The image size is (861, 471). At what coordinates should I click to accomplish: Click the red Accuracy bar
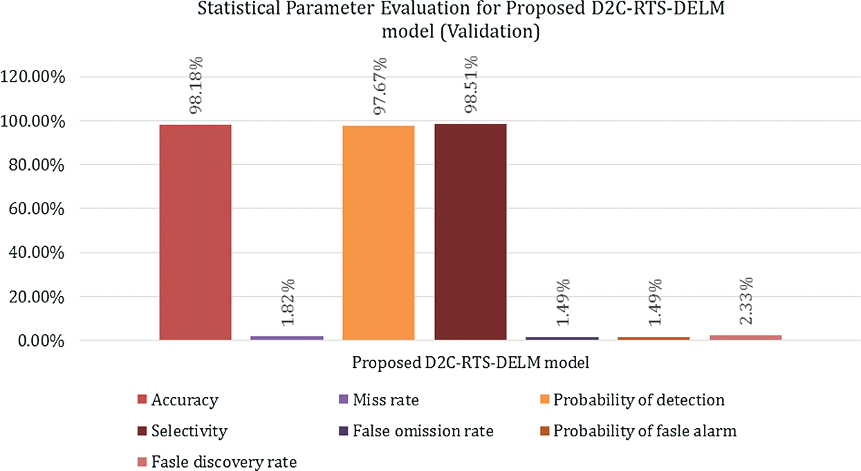(x=195, y=232)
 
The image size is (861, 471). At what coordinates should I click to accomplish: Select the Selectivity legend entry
(x=189, y=431)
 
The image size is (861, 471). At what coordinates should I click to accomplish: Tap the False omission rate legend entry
(x=423, y=431)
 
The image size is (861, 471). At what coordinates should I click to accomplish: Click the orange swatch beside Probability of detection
(x=545, y=400)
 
